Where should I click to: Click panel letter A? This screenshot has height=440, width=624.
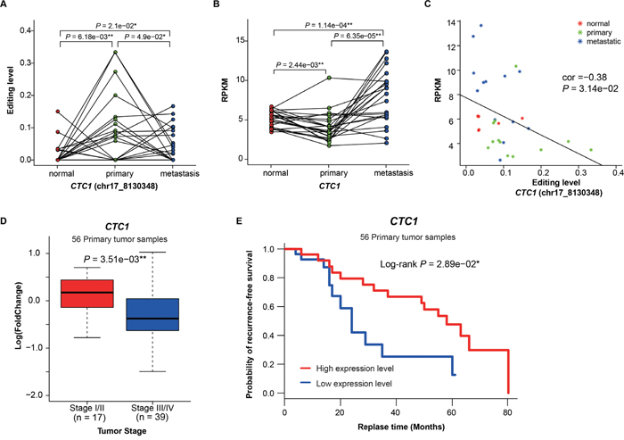tap(7, 8)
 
